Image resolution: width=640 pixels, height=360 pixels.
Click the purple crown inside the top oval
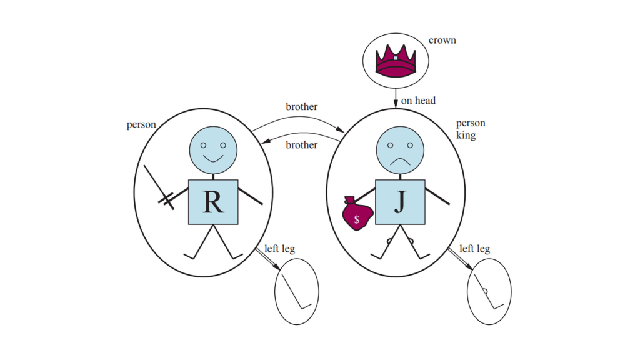point(396,61)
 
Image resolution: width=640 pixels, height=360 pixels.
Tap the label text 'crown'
point(442,41)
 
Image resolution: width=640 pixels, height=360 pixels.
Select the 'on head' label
point(418,100)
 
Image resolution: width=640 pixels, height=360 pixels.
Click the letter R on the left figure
point(213,202)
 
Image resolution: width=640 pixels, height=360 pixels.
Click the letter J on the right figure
point(400,202)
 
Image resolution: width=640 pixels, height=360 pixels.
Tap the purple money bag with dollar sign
point(357,215)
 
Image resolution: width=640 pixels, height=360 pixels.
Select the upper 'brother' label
point(302,107)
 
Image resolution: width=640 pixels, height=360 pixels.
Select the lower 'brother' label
point(302,145)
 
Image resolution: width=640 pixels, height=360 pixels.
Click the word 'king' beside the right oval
point(466,135)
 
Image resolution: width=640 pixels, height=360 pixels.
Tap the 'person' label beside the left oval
point(141,124)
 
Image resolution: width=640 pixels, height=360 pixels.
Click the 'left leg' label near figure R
point(279,249)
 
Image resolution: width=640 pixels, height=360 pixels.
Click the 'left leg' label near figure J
point(475,249)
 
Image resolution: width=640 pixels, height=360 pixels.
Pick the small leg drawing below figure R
point(297,291)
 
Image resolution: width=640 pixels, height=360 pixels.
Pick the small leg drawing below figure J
point(489,291)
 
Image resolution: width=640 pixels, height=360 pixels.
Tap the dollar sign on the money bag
point(357,219)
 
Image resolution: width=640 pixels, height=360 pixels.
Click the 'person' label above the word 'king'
point(471,123)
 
